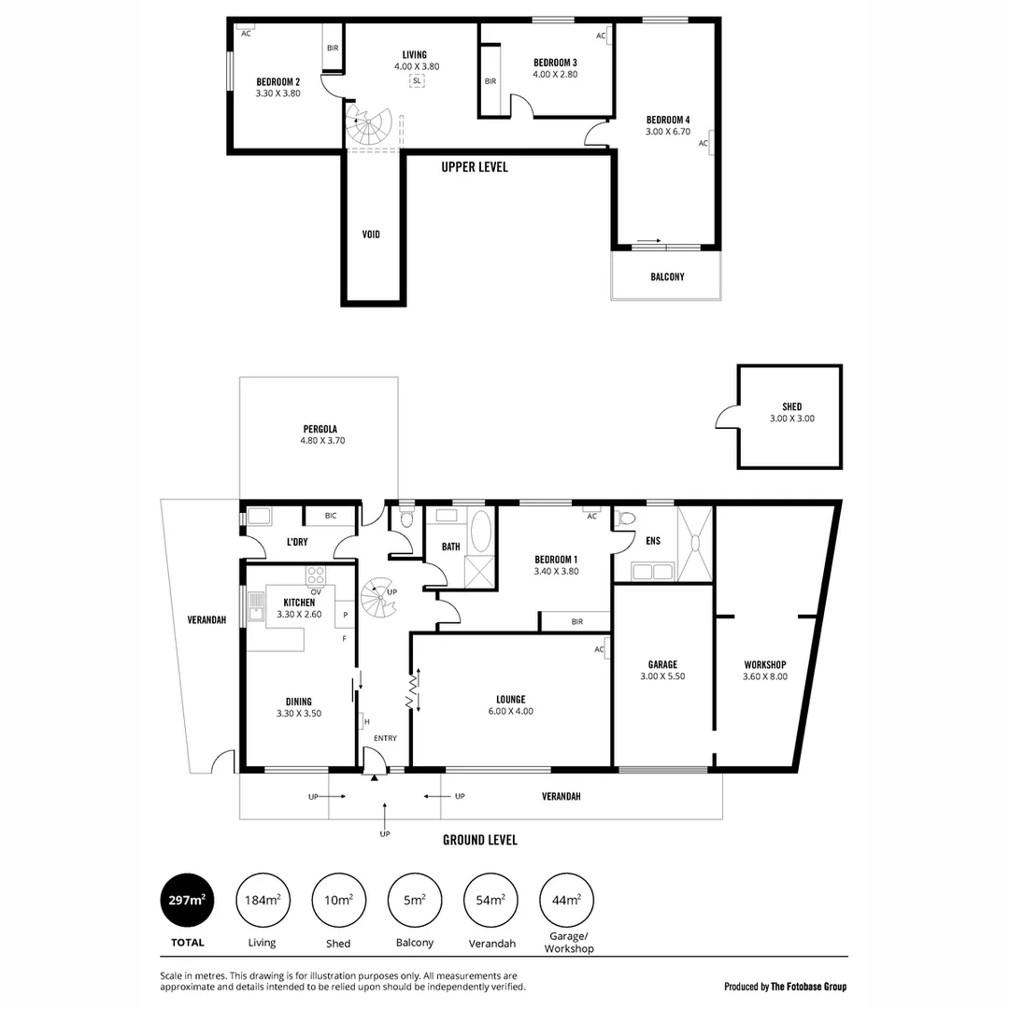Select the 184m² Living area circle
tap(263, 901)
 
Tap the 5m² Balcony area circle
tap(414, 901)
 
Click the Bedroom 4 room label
tap(667, 120)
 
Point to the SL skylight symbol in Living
tap(416, 81)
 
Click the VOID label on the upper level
tap(372, 234)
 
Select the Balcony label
tap(667, 277)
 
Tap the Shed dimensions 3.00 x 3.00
tap(791, 419)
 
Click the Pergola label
tap(319, 429)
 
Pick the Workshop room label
tap(764, 664)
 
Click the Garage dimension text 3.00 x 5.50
tap(662, 676)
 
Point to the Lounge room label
tap(510, 699)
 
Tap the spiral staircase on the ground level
tap(380, 598)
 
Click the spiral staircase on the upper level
tap(370, 128)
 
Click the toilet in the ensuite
tap(627, 519)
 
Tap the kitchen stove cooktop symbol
tap(317, 576)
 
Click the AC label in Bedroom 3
tap(601, 36)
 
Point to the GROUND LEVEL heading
tap(479, 840)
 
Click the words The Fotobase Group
tap(808, 987)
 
